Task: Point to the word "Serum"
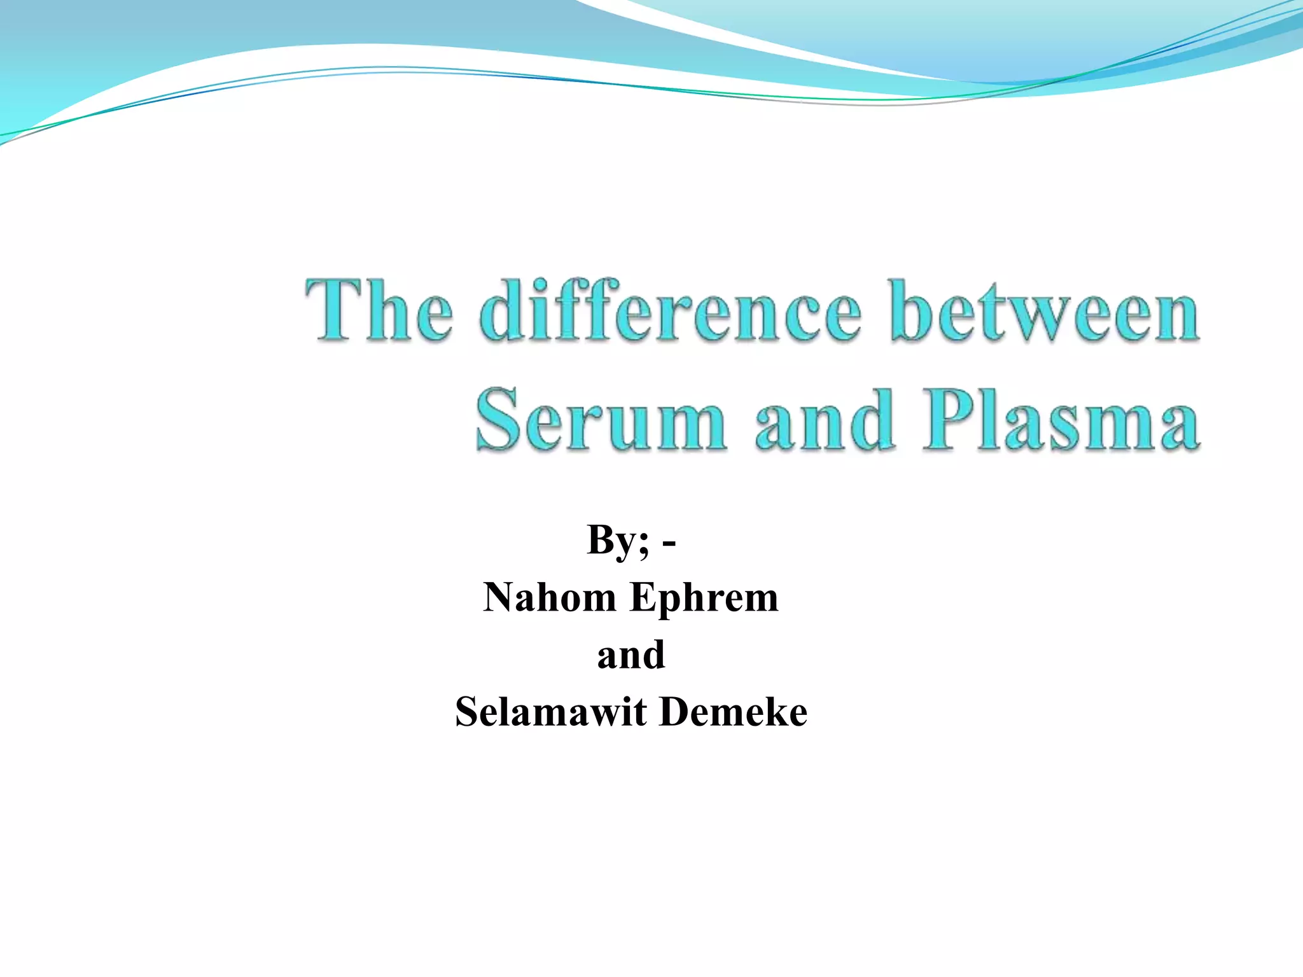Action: click(601, 421)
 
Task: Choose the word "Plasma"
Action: click(1061, 421)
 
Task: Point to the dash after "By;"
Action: click(669, 544)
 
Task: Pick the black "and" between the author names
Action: click(631, 655)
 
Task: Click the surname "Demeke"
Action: click(734, 712)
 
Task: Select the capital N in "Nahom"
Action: click(501, 598)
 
